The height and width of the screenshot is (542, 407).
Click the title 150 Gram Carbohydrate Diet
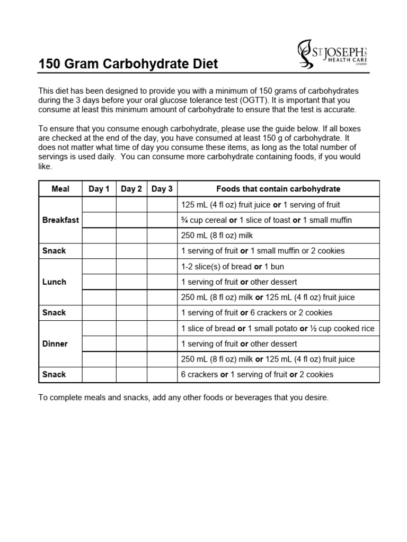coord(128,65)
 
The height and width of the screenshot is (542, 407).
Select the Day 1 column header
coord(99,189)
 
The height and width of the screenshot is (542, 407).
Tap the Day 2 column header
coord(131,189)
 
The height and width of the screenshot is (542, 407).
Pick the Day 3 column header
coord(162,189)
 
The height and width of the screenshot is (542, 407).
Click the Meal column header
coord(60,189)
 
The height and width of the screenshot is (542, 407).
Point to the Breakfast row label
coord(60,220)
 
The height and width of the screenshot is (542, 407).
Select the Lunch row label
coord(54,282)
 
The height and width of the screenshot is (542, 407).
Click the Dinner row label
coord(55,344)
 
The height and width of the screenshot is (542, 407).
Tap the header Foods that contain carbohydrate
coord(278,189)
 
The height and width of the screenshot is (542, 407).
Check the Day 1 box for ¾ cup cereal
coord(99,220)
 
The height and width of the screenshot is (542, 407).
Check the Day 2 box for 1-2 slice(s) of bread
coord(131,267)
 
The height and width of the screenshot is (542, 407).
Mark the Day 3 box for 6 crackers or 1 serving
coord(162,375)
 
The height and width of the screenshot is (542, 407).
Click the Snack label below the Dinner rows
coord(54,375)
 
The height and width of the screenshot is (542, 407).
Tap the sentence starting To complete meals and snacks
coord(183,398)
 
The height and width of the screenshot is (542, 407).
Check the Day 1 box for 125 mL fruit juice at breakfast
coord(99,205)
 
